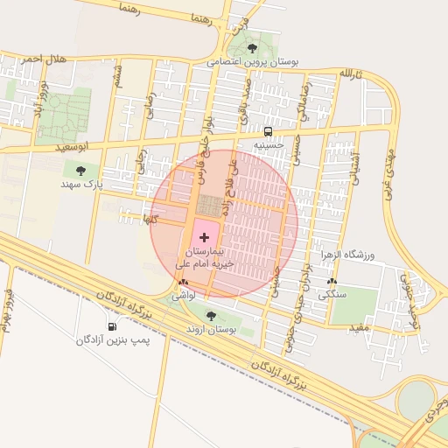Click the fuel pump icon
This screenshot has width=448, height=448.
[112, 327]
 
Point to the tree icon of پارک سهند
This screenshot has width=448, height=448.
[81, 171]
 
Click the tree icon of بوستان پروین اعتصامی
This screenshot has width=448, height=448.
[253, 48]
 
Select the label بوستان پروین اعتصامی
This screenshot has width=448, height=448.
[253, 62]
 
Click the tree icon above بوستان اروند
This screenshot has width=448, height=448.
[210, 315]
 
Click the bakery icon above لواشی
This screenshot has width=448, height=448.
[183, 283]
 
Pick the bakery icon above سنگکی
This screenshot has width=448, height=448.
[331, 282]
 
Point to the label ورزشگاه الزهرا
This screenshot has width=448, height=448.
[348, 255]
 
